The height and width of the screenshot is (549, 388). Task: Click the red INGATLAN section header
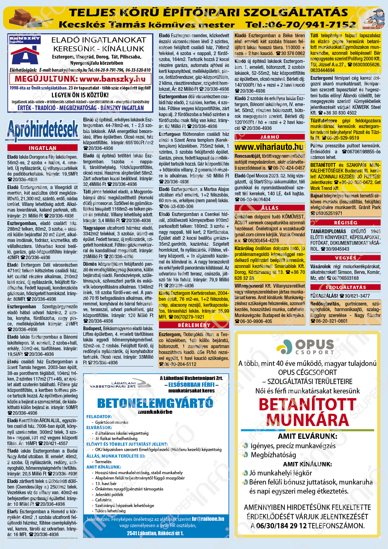[43, 148]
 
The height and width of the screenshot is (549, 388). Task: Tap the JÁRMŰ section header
[269, 137]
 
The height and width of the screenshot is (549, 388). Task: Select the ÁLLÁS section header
[269, 208]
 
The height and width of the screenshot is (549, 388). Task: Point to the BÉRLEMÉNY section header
[194, 325]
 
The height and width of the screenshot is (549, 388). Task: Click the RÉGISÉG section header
[345, 223]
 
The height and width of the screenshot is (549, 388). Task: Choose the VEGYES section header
[345, 258]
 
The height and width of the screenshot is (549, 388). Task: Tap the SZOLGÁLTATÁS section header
[345, 287]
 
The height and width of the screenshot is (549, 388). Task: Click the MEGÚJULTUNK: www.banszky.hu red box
[80, 79]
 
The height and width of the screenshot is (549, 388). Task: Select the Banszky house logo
[25, 52]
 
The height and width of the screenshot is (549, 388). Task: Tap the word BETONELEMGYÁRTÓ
[155, 403]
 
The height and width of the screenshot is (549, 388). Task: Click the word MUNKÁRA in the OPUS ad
[307, 420]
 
